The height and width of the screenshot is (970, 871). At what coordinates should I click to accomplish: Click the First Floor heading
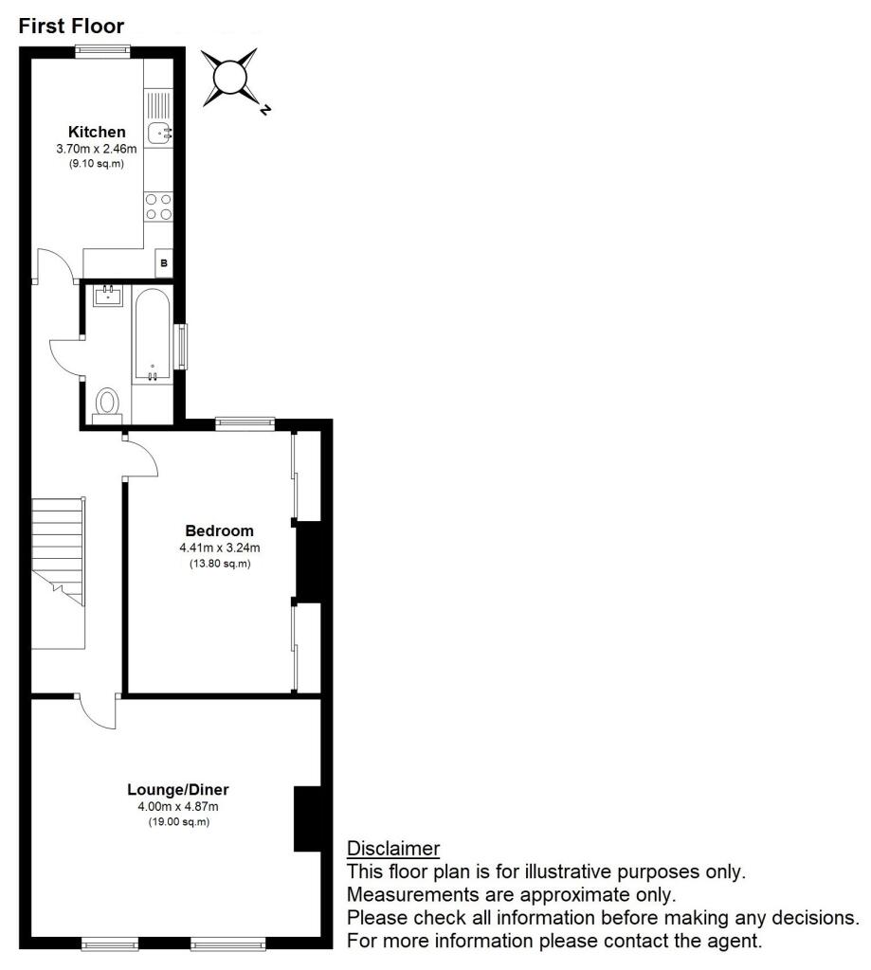(71, 27)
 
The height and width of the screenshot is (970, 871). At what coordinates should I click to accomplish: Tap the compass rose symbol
(230, 77)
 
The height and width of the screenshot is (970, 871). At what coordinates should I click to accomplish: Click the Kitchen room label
(97, 132)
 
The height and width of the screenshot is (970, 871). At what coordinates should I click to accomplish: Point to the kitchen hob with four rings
(158, 207)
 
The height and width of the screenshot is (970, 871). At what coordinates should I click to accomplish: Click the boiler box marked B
(164, 262)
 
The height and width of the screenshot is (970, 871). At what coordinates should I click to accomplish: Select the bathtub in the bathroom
(152, 336)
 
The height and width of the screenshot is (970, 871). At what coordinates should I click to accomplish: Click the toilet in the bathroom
(107, 403)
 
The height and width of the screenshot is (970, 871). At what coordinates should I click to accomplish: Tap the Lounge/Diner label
(178, 789)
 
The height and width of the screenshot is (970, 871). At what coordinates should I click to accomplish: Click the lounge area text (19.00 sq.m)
(178, 821)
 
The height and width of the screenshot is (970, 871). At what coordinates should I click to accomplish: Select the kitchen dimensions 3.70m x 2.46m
(97, 149)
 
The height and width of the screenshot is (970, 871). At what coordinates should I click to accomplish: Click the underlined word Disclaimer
(392, 848)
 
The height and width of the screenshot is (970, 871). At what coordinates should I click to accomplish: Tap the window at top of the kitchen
(103, 52)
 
